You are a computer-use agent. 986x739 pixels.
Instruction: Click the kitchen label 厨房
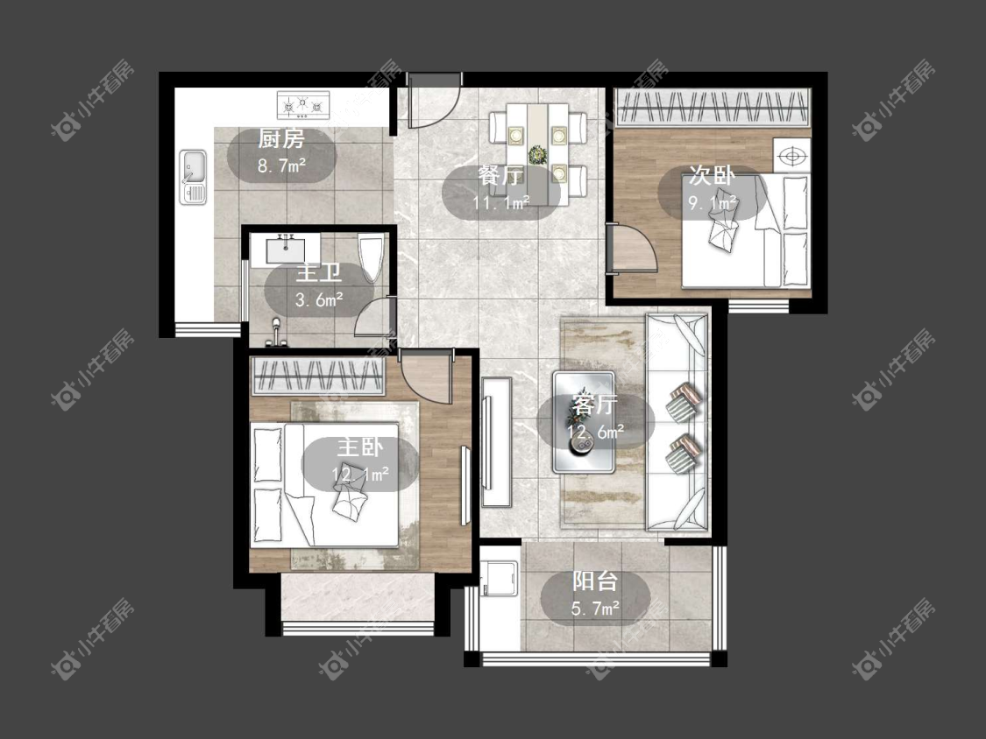coord(281,139)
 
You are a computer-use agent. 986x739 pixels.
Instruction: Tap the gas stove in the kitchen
coord(303,105)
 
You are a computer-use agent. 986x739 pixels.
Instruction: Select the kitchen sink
coord(193,177)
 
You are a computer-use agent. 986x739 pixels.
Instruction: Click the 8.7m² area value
coord(281,165)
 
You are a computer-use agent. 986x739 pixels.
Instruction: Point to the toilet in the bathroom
coord(371,257)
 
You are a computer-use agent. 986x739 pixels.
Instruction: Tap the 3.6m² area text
coord(319,299)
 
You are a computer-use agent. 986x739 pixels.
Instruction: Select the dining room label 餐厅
coord(500,176)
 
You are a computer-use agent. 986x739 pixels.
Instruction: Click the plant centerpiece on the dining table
coord(537,154)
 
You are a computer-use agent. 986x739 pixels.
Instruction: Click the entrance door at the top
coord(435,101)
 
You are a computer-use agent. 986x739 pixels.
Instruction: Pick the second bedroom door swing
coord(633,248)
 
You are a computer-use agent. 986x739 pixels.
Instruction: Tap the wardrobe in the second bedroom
coord(712,108)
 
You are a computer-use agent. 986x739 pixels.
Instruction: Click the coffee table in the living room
coord(584,422)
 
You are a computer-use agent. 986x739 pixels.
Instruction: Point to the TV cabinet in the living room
coord(497,442)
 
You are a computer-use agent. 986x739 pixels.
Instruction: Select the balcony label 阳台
coord(595,581)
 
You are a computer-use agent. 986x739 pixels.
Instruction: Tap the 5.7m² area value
coord(595,609)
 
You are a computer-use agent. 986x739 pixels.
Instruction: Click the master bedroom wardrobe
coord(317,377)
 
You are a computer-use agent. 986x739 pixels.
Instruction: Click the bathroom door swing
coord(374,317)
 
